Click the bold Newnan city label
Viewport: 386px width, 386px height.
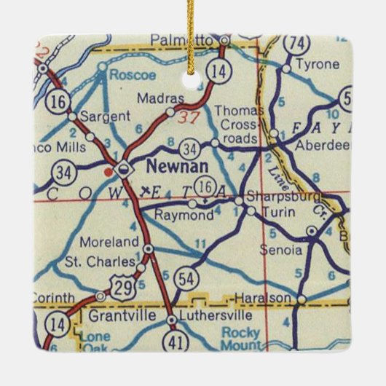(x=169, y=167)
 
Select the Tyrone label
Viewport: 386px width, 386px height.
(x=320, y=65)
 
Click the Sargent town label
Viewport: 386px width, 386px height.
(x=106, y=116)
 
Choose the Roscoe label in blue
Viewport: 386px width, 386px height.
(x=128, y=74)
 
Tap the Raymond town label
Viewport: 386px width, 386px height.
(x=166, y=216)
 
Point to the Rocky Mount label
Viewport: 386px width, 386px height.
(x=240, y=336)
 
